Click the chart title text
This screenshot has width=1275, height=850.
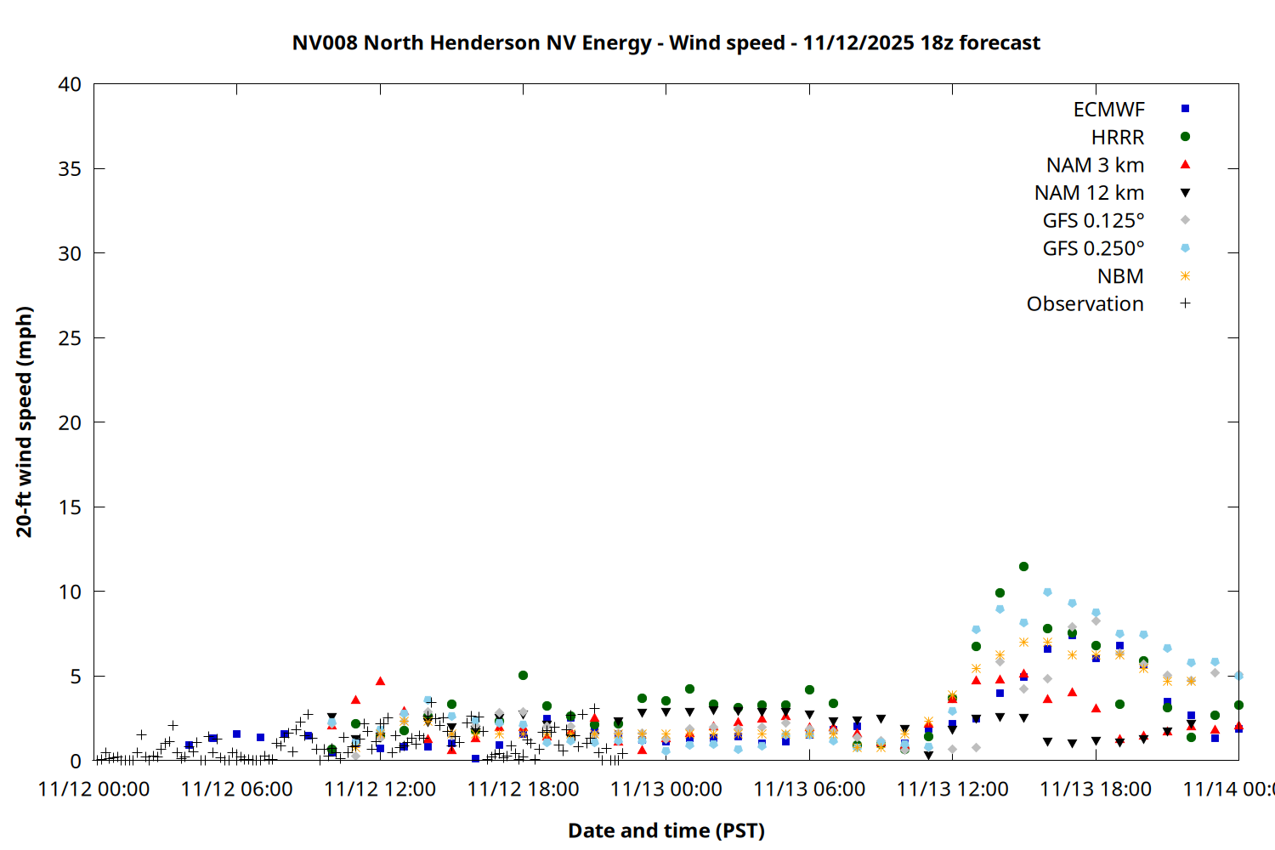(x=666, y=42)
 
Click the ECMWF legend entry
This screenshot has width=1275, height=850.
(x=1108, y=110)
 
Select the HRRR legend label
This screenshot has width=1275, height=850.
(x=1117, y=138)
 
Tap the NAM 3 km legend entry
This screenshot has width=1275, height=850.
(x=1095, y=165)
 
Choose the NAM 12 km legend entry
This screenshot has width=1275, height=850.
(x=1089, y=193)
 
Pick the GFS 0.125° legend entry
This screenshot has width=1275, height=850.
(x=1093, y=221)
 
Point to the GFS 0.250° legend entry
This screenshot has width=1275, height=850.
(x=1093, y=249)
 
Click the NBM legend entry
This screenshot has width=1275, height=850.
(x=1120, y=276)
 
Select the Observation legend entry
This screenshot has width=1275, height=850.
(x=1085, y=304)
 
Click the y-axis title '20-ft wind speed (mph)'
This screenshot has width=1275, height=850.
(x=24, y=422)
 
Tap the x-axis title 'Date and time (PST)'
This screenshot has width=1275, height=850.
(x=666, y=830)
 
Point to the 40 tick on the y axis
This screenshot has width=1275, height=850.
(x=70, y=84)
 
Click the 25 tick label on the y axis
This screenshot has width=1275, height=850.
(x=70, y=337)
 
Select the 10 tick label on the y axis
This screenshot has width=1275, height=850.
(x=70, y=592)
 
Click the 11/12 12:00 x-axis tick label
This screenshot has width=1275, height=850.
(x=380, y=789)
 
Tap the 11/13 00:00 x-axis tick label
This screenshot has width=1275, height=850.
(x=666, y=789)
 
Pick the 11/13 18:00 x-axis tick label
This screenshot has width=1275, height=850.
(x=1095, y=789)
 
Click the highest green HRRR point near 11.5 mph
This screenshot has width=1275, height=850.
(x=1023, y=566)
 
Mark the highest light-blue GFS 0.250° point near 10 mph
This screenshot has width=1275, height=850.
(x=1047, y=592)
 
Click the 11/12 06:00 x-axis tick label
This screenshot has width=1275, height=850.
(x=236, y=789)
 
